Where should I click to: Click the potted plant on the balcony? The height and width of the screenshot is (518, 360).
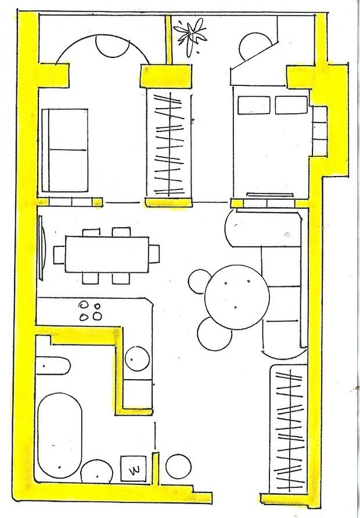(x=190, y=35)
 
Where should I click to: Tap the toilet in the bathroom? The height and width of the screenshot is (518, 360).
(x=53, y=366)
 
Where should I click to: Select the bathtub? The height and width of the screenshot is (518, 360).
(x=59, y=436)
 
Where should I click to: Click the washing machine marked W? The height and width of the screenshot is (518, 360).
(x=134, y=469)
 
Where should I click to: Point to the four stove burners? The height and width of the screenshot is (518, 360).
(x=90, y=311)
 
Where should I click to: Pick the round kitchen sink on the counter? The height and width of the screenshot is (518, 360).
(x=137, y=358)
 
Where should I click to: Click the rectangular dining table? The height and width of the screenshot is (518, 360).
(x=107, y=254)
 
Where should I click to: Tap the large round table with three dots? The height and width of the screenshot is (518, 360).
(x=237, y=297)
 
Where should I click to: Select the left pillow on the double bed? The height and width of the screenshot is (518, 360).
(x=254, y=105)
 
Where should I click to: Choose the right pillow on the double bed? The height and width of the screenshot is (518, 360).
(x=291, y=105)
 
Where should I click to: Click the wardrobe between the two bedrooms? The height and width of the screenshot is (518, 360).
(x=169, y=145)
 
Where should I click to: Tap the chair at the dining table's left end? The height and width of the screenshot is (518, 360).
(x=59, y=255)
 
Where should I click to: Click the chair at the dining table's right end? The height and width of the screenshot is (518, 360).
(x=154, y=254)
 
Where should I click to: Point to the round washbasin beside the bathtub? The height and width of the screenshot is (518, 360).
(x=97, y=472)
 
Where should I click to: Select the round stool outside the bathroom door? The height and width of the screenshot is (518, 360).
(x=178, y=466)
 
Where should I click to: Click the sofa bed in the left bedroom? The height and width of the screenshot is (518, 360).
(x=64, y=150)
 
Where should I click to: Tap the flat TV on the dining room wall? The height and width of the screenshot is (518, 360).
(x=41, y=248)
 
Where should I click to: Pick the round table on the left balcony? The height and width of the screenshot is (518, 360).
(x=112, y=46)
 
